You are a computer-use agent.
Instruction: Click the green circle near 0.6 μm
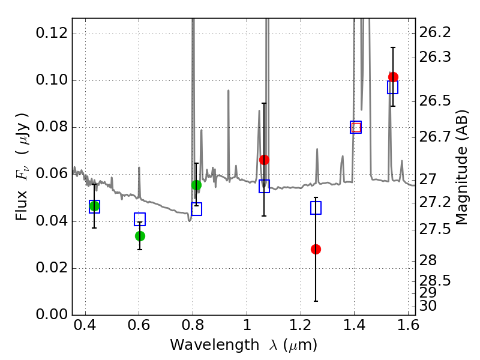coord(140,236)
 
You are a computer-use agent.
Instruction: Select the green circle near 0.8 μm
coord(197,185)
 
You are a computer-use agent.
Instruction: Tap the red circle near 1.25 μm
coord(316,249)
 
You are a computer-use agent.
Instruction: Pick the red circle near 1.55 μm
coord(393,77)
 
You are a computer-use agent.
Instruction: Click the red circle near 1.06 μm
coord(264,160)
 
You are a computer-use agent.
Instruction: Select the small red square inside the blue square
coord(356,127)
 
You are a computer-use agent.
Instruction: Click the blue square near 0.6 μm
coord(140,219)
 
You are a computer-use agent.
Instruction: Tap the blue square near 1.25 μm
coord(316,208)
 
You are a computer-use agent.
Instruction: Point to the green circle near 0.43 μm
coord(95,206)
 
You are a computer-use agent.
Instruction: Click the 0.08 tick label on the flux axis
coord(52,127)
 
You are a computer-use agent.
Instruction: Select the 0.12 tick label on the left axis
coord(52,32)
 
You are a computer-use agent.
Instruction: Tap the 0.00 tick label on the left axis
coord(52,314)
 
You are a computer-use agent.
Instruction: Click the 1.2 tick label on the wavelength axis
coord(301,325)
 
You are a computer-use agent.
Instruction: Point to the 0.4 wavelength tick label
coord(85,325)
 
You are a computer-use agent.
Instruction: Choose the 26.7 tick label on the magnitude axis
coord(435,137)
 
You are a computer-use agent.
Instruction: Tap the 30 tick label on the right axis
coord(428,306)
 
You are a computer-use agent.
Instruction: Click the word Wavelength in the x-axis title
coord(215,345)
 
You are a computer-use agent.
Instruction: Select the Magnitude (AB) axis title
coord(462,167)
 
